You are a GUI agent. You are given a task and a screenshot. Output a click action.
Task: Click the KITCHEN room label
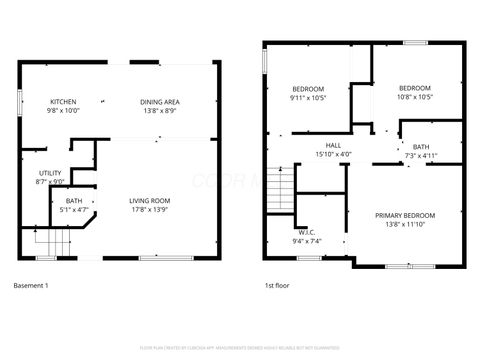[x=65, y=102]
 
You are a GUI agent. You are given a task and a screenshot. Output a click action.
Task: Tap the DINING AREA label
[x=159, y=102]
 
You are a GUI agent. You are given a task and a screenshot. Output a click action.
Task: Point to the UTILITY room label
[x=49, y=172]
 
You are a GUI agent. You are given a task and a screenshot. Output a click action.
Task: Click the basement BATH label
[x=74, y=201]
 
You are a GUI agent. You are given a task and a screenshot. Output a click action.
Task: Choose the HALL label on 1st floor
[x=333, y=145]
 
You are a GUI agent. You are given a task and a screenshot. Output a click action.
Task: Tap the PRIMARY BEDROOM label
[x=405, y=215]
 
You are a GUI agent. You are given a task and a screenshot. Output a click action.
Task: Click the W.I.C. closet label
[x=306, y=233]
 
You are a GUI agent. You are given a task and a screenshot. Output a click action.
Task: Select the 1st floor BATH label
[x=420, y=147]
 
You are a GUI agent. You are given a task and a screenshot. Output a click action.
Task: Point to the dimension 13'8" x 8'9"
[x=159, y=111]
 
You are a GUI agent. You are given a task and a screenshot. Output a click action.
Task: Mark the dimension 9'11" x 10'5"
[x=308, y=98]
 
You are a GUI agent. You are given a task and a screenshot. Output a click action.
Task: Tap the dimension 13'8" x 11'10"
[x=405, y=224]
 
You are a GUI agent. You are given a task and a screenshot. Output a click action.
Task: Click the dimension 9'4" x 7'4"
[x=306, y=241]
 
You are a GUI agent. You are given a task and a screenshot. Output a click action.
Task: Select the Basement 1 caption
[x=30, y=286]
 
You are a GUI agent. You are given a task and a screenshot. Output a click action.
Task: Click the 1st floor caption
[x=277, y=286]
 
